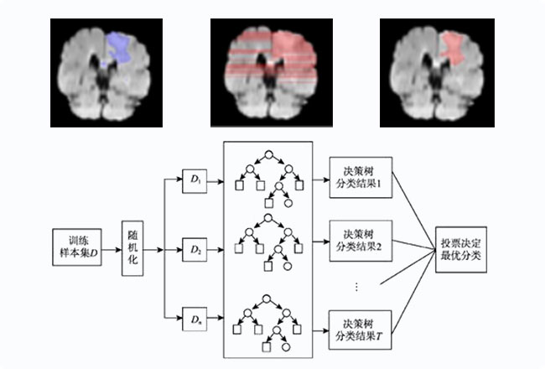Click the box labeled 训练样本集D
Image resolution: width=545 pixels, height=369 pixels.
[x=75, y=245]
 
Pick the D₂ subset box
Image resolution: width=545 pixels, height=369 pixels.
[x=195, y=249]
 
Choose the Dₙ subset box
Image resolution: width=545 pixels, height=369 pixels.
[x=195, y=319]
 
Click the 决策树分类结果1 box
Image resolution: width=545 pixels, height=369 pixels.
[x=361, y=177]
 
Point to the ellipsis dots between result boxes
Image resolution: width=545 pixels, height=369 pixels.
[x=356, y=286]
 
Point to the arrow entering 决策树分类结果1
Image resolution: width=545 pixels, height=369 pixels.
[x=320, y=177]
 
